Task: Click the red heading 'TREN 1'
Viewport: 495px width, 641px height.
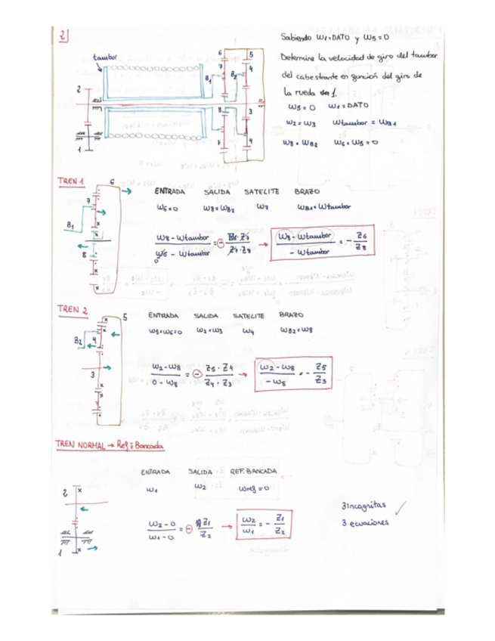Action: [x=70, y=182]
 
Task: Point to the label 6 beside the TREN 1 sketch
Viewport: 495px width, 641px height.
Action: [x=111, y=182]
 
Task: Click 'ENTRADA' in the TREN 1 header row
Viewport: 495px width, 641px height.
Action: [x=166, y=191]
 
